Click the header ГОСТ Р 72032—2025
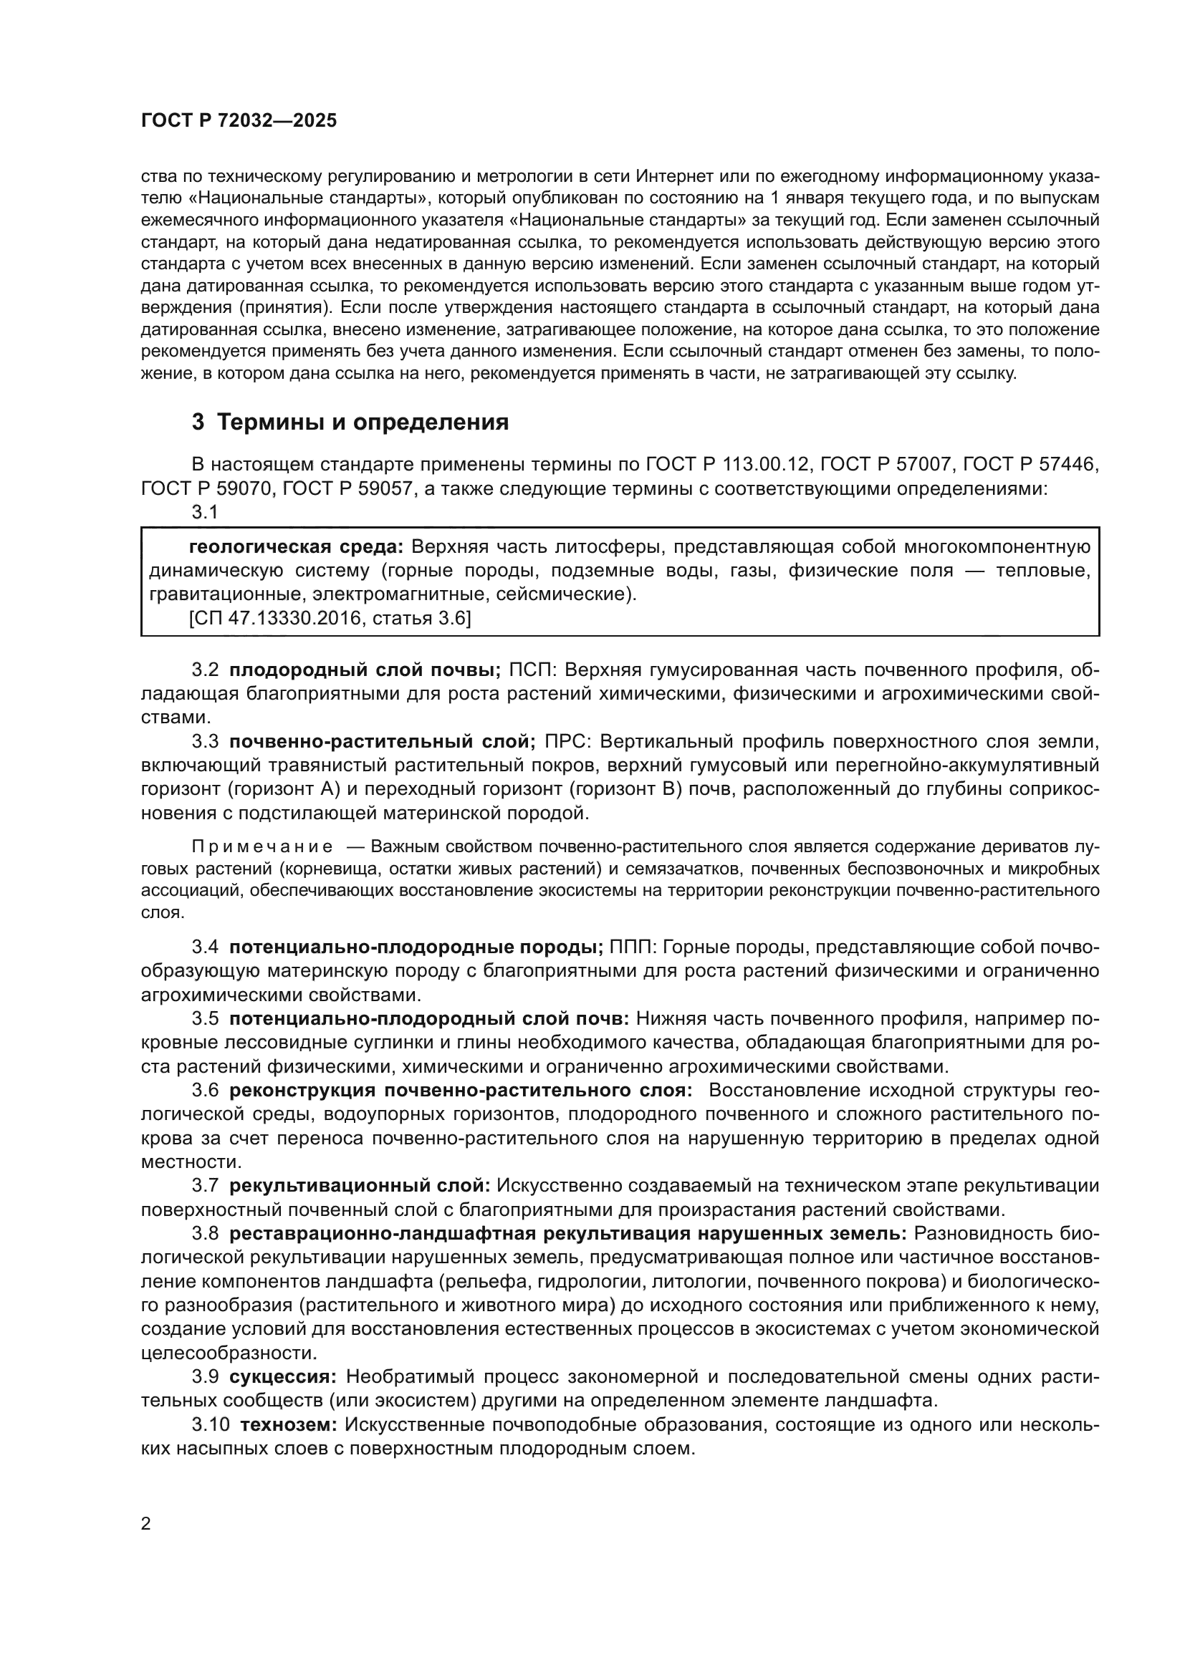point(239,121)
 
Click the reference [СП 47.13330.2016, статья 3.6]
point(330,619)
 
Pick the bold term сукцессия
point(282,1376)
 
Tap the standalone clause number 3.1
point(205,512)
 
